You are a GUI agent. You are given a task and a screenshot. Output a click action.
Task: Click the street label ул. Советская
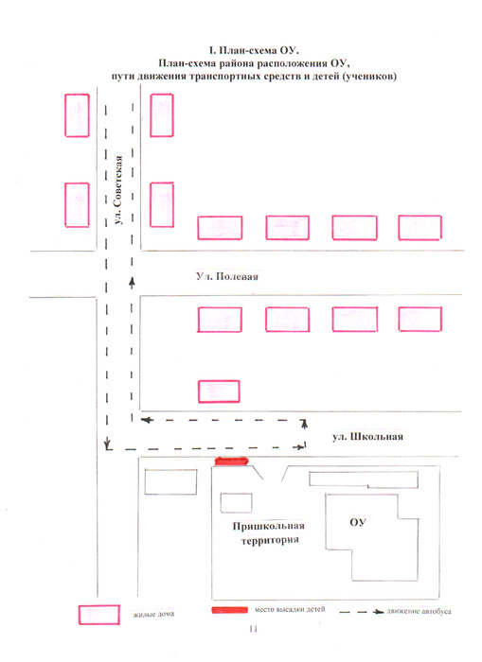(x=119, y=190)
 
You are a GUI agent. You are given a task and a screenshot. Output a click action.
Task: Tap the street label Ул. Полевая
(x=227, y=276)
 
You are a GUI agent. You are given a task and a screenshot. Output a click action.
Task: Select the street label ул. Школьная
(x=367, y=437)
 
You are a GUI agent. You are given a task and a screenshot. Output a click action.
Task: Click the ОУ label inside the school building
(x=357, y=522)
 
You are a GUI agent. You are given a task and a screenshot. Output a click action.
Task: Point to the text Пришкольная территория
(x=269, y=532)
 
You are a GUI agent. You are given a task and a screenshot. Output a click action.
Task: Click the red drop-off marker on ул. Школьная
(x=232, y=462)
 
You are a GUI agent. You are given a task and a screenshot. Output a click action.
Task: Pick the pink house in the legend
(x=98, y=615)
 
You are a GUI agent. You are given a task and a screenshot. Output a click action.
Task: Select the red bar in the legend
(x=229, y=610)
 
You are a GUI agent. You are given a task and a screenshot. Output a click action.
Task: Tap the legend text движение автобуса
(x=419, y=611)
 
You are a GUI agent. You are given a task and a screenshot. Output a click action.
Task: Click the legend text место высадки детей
(x=290, y=610)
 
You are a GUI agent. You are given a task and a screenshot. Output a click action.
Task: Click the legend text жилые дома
(x=153, y=615)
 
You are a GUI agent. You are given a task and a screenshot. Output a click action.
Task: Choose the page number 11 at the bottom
(x=253, y=629)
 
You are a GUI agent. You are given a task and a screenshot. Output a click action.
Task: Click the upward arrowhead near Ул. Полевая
(x=132, y=281)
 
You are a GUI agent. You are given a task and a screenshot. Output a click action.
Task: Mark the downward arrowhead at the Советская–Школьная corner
(x=107, y=444)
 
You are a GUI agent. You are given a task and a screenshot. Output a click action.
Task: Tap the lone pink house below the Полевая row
(x=219, y=392)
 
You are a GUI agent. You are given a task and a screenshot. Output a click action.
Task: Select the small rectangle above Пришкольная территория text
(x=237, y=503)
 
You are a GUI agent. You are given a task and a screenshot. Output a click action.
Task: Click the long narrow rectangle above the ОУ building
(x=364, y=479)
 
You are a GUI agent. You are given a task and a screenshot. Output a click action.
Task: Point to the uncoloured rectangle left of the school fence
(x=170, y=481)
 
